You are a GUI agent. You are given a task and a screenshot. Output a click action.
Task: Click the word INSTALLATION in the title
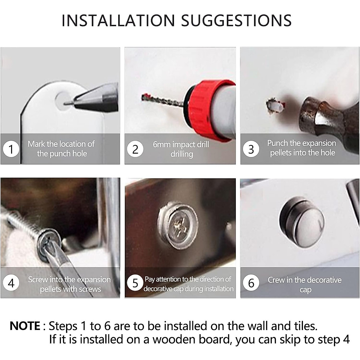coord(118,20)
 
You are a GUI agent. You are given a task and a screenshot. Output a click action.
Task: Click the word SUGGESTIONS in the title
coord(236,20)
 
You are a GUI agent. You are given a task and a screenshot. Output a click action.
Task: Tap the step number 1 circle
coord(11,149)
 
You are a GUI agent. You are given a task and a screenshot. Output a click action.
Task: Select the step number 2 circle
coord(135,149)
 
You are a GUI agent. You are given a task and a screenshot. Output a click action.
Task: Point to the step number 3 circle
coord(251,149)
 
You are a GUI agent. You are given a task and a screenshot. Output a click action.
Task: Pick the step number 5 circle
coord(135,283)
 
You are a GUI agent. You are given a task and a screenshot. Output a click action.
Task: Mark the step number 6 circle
coord(251,283)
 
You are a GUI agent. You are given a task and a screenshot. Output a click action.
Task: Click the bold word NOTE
coord(25,326)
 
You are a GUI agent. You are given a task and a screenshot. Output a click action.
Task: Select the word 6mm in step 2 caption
coord(162,144)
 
